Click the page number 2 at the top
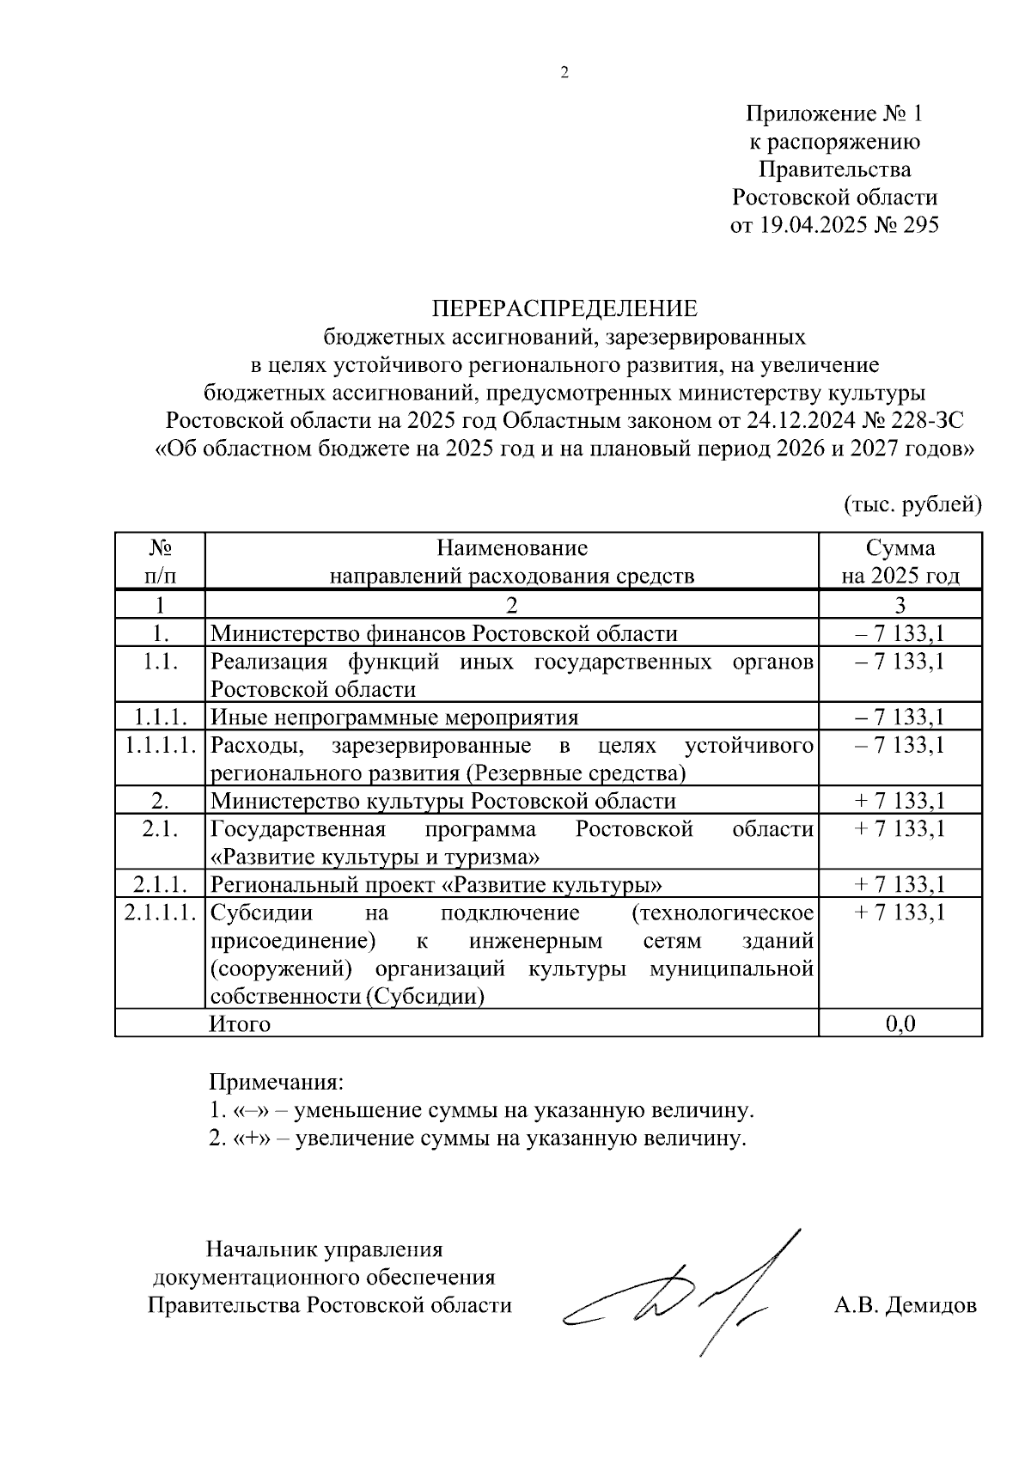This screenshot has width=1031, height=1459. (564, 73)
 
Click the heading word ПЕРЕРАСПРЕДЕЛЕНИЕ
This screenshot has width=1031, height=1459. (564, 308)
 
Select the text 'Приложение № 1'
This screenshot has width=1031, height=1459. (833, 114)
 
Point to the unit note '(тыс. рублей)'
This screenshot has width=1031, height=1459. (912, 504)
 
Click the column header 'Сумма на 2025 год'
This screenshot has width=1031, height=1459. (900, 561)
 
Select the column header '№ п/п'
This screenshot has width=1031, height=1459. (161, 561)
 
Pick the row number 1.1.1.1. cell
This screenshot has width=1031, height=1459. (161, 745)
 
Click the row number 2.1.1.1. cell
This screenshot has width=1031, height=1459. (161, 913)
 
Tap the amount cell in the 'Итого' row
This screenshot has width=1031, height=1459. (900, 1023)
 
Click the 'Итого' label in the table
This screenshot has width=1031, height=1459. (241, 1024)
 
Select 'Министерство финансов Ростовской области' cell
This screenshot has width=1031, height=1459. (444, 634)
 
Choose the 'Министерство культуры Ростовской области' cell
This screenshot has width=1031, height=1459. (443, 802)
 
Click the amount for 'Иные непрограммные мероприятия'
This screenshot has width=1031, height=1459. (900, 717)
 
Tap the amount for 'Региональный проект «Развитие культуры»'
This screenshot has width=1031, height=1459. (900, 885)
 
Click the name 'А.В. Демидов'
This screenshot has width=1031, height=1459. (905, 1306)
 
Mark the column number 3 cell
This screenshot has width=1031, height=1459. (900, 606)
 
